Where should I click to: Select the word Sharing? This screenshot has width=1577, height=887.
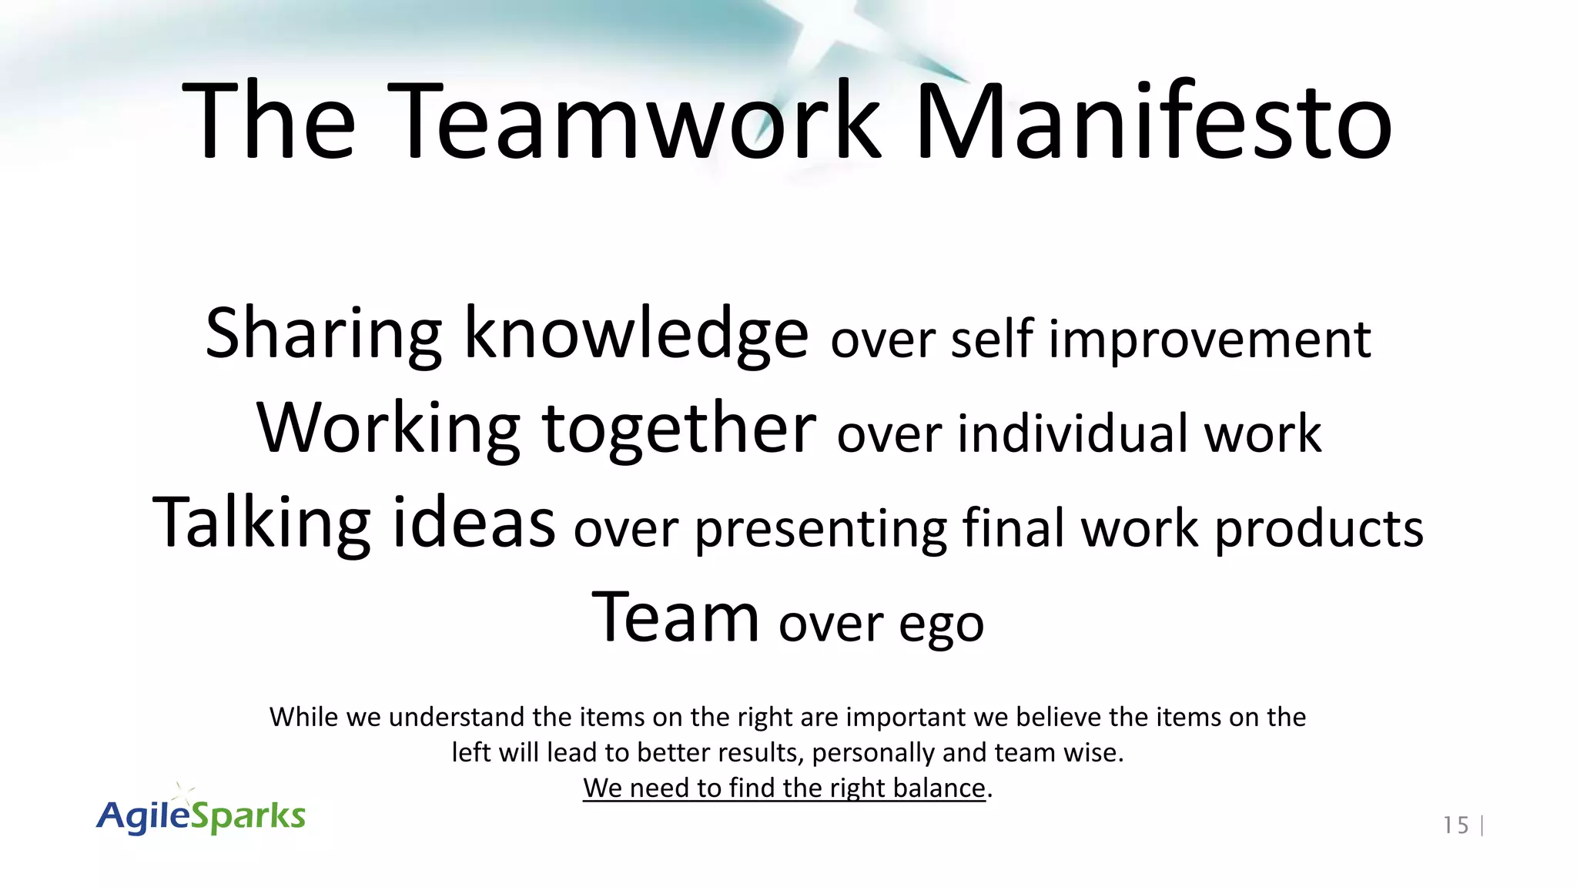pyautogui.click(x=323, y=333)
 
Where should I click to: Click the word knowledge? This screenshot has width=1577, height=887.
pyautogui.click(x=636, y=333)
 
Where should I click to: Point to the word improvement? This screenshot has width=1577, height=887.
pyautogui.click(x=1210, y=340)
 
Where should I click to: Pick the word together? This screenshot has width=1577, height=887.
pyautogui.click(x=678, y=428)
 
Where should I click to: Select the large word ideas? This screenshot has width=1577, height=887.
pyautogui.click(x=474, y=522)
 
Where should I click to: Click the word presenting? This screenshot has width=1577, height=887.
pyautogui.click(x=820, y=530)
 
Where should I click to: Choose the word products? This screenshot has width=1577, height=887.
pyautogui.click(x=1319, y=530)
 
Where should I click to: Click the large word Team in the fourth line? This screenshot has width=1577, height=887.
pyautogui.click(x=675, y=618)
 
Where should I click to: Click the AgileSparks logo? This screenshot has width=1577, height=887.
pyautogui.click(x=202, y=815)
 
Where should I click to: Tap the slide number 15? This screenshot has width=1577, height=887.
pyautogui.click(x=1455, y=825)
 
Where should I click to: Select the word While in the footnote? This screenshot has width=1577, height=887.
pyautogui.click(x=304, y=717)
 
